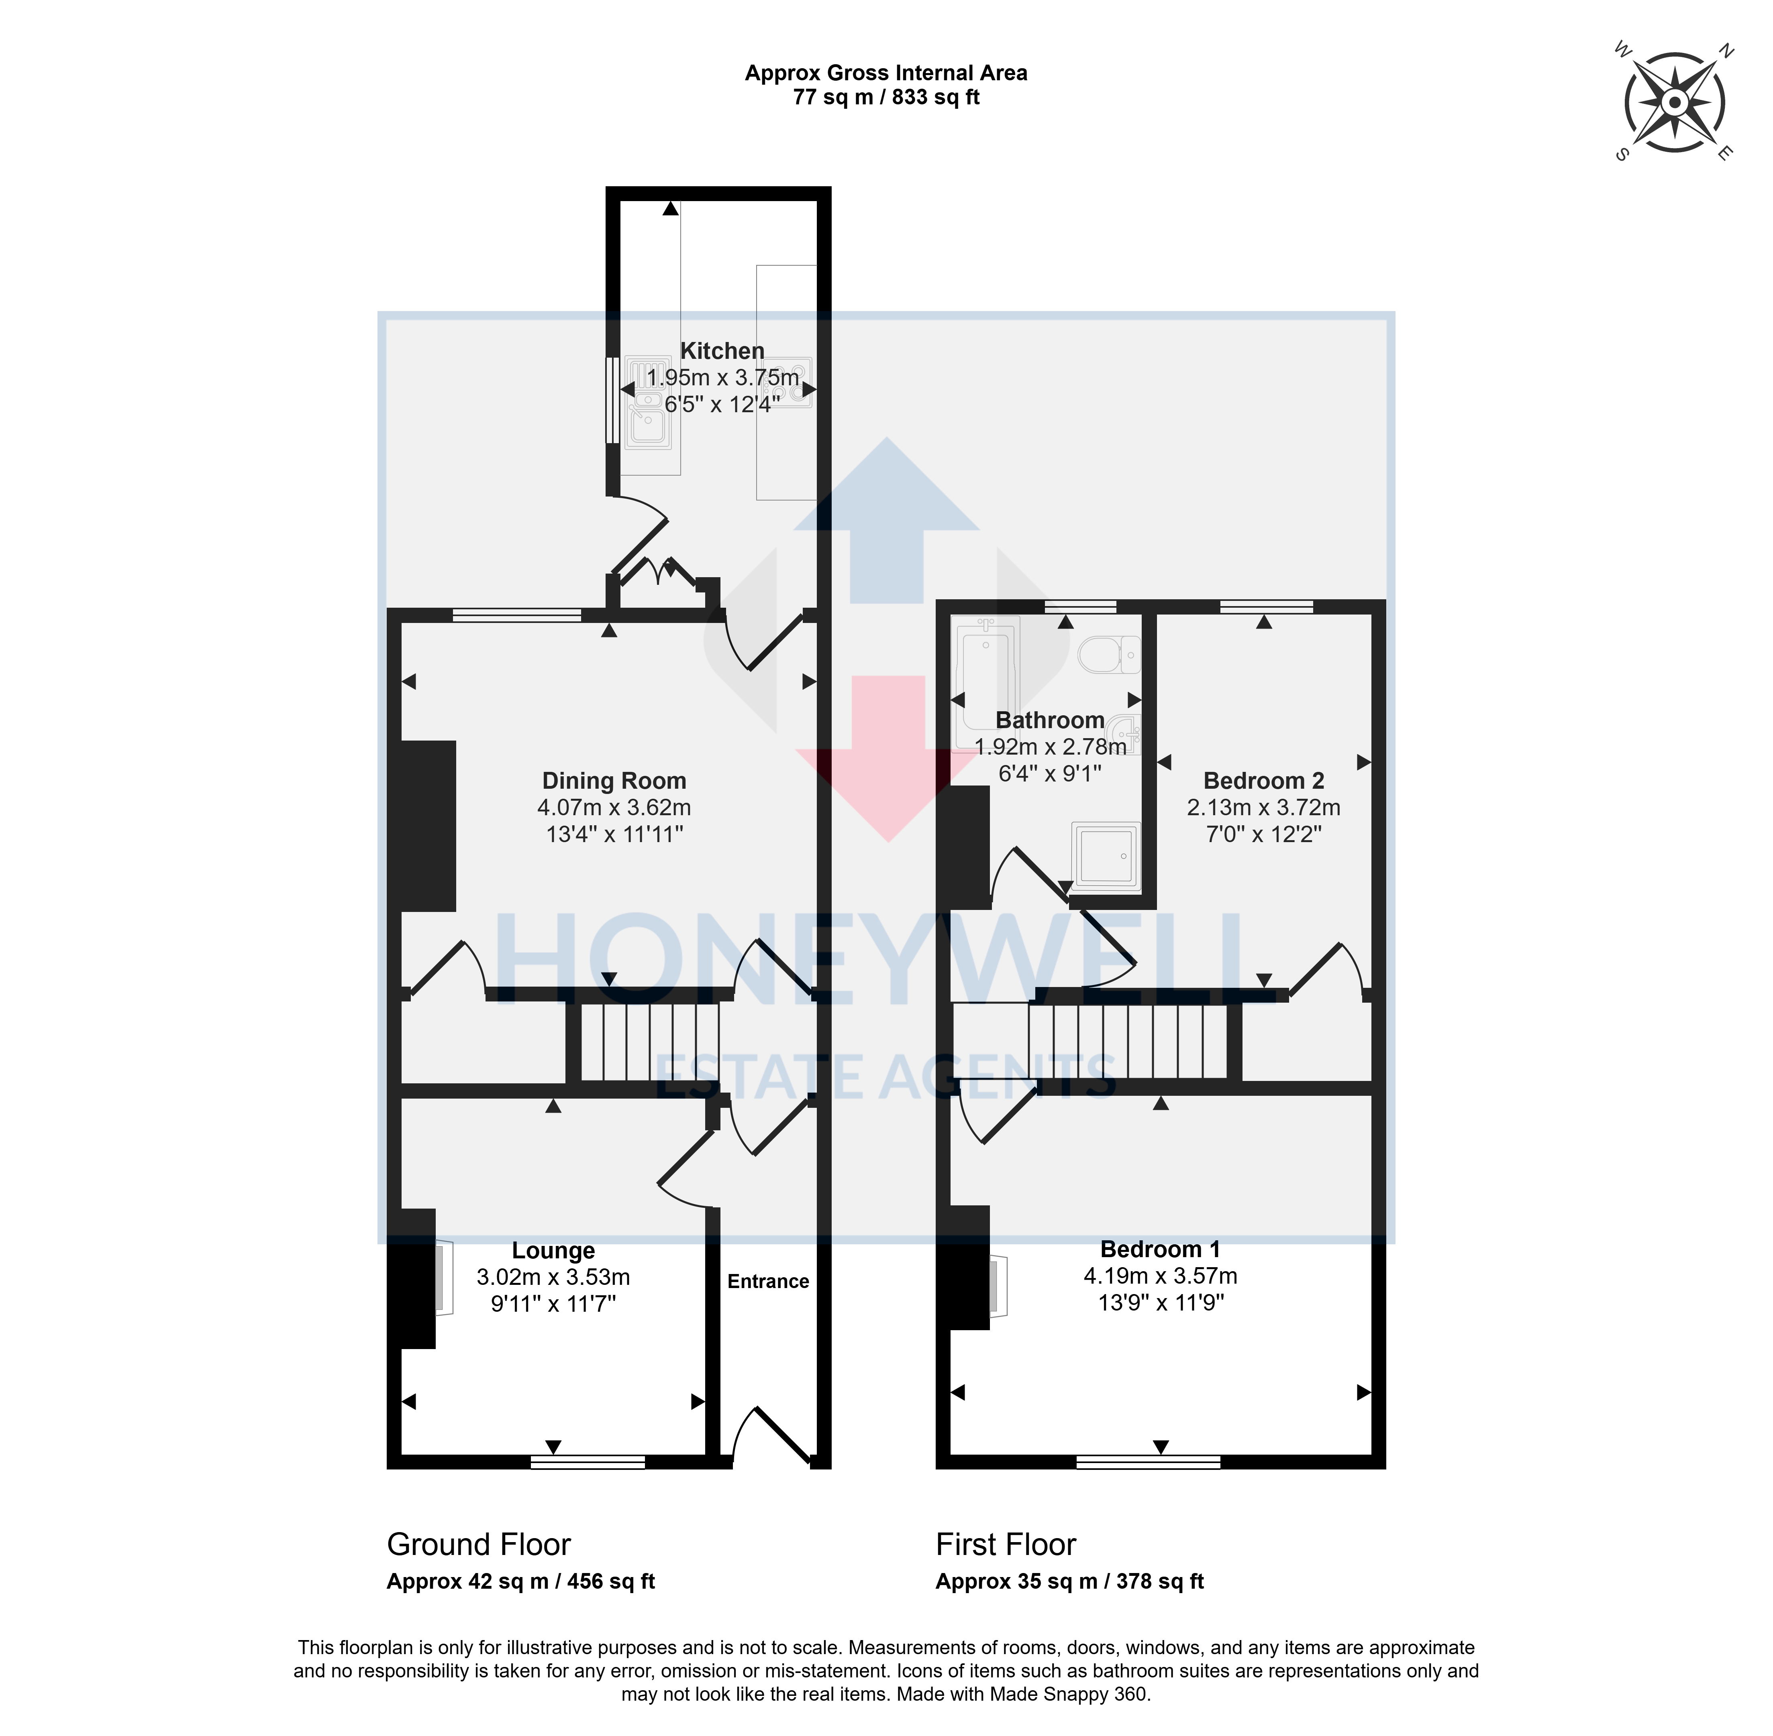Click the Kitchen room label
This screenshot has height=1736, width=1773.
click(722, 351)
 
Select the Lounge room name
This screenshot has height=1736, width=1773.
click(553, 1251)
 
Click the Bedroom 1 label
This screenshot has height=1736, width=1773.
click(1160, 1249)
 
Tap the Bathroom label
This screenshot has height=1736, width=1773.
click(1050, 720)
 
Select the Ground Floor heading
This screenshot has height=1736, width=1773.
click(479, 1545)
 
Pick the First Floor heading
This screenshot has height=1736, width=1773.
click(1006, 1545)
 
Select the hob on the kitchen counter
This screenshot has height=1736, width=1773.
click(786, 379)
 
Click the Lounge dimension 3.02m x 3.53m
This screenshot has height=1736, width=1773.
click(553, 1277)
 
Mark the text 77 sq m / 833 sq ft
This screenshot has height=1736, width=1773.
click(885, 97)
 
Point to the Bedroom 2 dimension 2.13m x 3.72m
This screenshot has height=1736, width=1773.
click(1263, 808)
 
